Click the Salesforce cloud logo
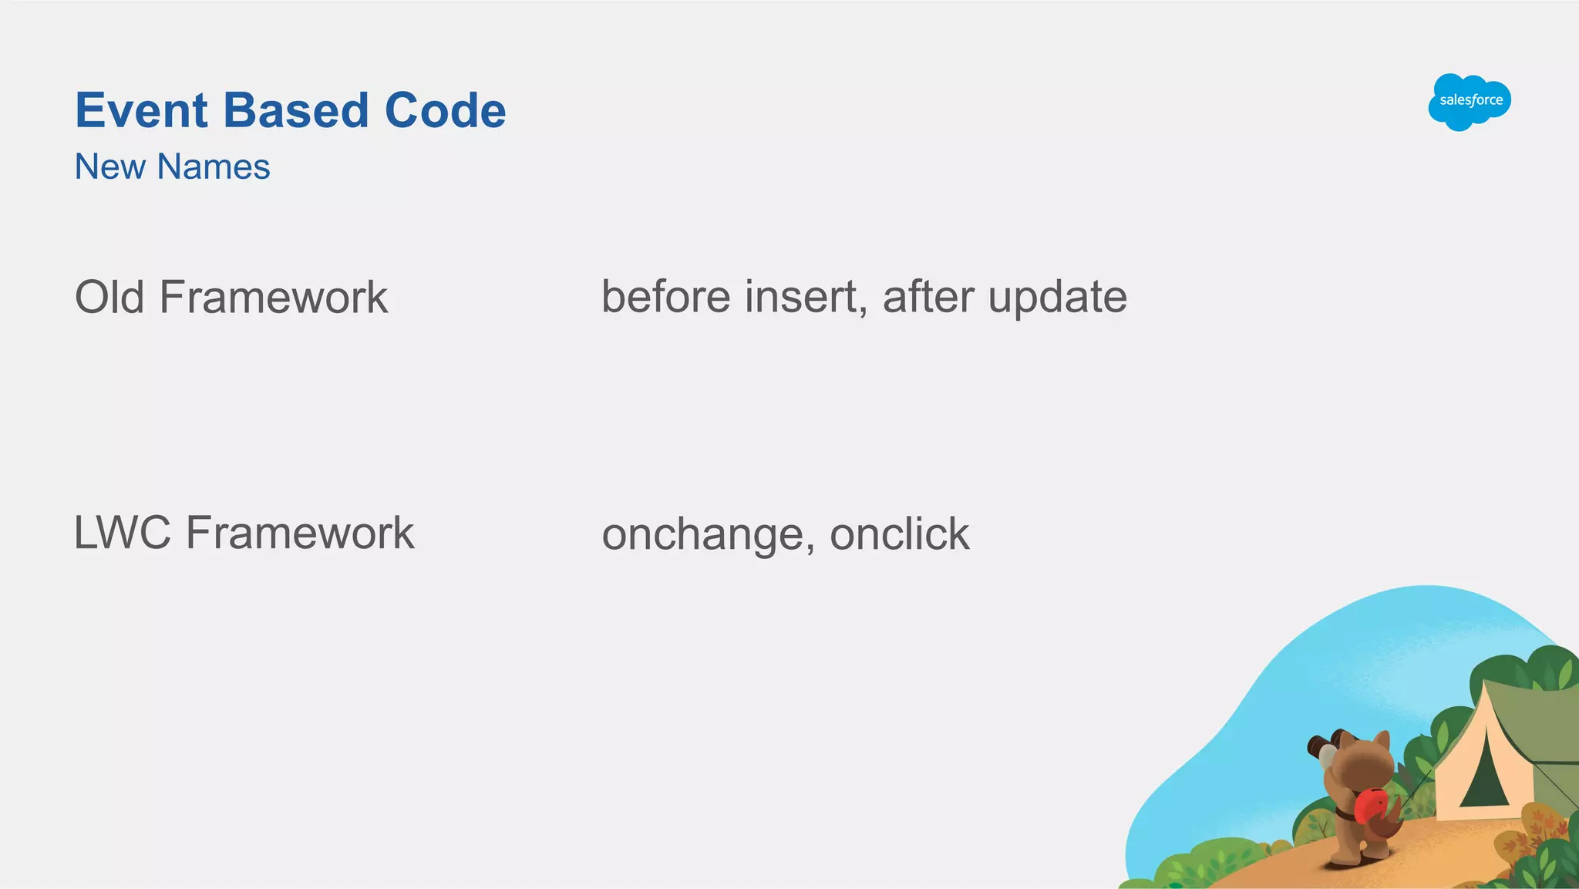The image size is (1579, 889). (x=1469, y=101)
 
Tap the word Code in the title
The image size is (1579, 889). (x=445, y=110)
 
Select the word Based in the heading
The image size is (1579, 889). (x=296, y=110)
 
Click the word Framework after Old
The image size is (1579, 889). (x=274, y=297)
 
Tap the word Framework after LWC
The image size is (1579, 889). (x=300, y=533)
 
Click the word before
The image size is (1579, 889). (x=665, y=297)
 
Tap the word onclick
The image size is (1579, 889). (x=899, y=534)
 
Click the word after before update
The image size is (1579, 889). (x=928, y=297)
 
